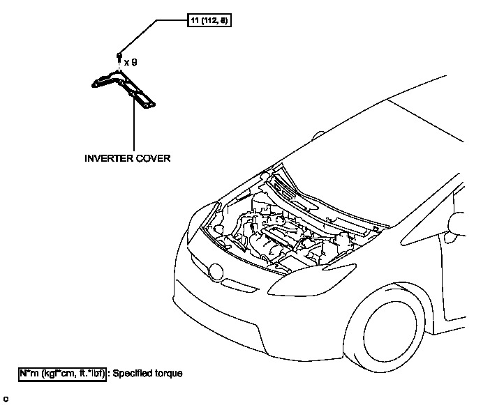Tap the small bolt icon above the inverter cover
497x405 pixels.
[119, 55]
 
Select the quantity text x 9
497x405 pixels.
[131, 62]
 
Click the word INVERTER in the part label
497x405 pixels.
[107, 158]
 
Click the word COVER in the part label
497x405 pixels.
[154, 158]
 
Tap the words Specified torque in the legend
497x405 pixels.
[149, 374]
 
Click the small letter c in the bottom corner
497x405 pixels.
[5, 398]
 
